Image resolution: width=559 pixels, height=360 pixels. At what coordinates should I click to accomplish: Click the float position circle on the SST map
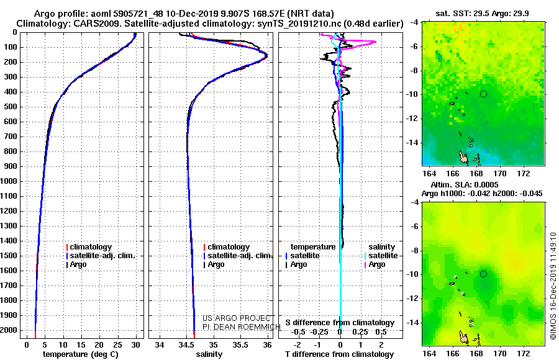483,91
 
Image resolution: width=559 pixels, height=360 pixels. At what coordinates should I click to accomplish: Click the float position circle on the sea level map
483,271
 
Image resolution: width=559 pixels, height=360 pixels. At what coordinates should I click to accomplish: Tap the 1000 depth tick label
9,181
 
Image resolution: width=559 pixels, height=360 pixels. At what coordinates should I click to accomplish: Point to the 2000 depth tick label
9,330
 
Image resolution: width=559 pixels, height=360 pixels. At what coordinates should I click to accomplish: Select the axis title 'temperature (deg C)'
81,354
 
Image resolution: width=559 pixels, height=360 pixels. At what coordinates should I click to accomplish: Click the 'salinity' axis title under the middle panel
209,354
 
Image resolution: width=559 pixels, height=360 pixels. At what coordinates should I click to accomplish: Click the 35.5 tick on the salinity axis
240,344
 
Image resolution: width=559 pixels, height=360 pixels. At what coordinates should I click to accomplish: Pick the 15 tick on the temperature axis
81,344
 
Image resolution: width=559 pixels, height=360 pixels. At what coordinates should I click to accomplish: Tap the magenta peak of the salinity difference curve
375,42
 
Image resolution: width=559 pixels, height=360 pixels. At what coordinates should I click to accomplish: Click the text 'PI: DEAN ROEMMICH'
241,327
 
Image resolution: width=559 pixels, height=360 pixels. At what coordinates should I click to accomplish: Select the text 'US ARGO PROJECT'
237,318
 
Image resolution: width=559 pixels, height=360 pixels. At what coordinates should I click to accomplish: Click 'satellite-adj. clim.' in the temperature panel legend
102,256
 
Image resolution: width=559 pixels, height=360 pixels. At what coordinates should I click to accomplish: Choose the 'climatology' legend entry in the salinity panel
229,246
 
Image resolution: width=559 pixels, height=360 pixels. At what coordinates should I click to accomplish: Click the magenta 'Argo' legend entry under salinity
377,264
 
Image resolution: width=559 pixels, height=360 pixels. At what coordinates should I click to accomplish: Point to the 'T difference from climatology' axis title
339,354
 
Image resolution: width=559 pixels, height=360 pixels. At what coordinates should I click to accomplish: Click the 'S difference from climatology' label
340,323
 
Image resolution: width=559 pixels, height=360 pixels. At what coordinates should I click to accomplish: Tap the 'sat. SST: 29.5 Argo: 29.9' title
483,14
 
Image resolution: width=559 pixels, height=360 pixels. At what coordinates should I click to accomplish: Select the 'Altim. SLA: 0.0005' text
465,184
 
